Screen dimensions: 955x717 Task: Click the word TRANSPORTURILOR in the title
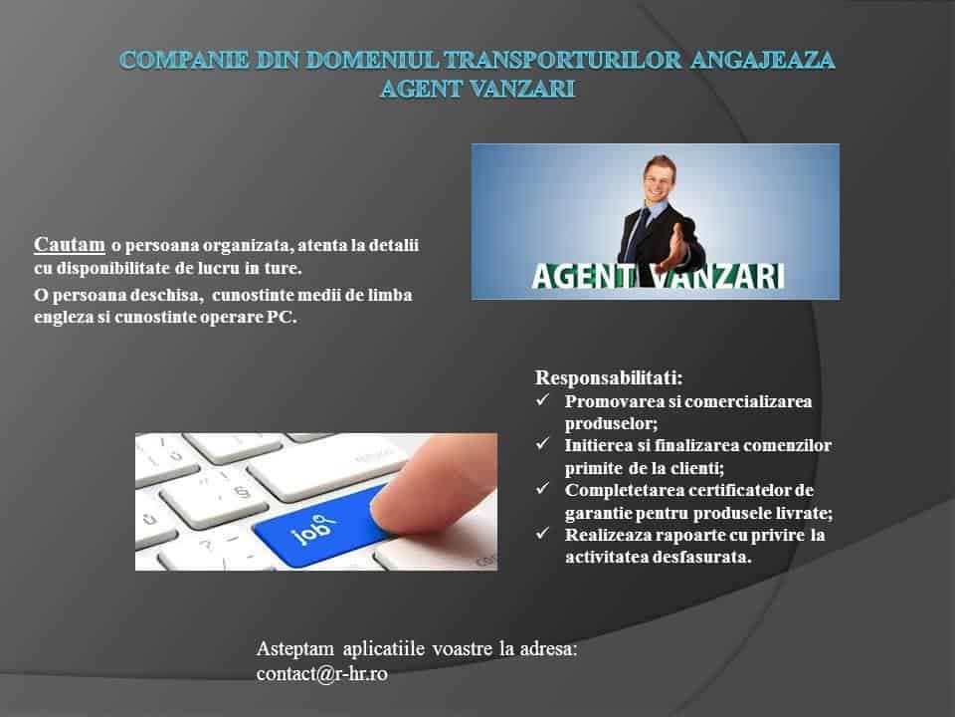point(561,60)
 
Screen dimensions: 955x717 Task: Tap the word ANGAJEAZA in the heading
point(763,60)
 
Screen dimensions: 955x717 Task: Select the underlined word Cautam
point(70,244)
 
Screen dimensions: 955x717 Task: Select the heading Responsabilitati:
point(609,378)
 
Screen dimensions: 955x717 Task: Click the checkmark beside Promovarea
point(542,399)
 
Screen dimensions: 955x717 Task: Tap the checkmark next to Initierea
point(542,443)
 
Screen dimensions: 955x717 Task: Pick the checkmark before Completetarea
point(542,488)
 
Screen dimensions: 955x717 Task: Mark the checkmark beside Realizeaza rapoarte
point(542,533)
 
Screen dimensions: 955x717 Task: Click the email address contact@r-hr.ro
point(321,674)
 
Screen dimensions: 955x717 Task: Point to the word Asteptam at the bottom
point(295,648)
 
